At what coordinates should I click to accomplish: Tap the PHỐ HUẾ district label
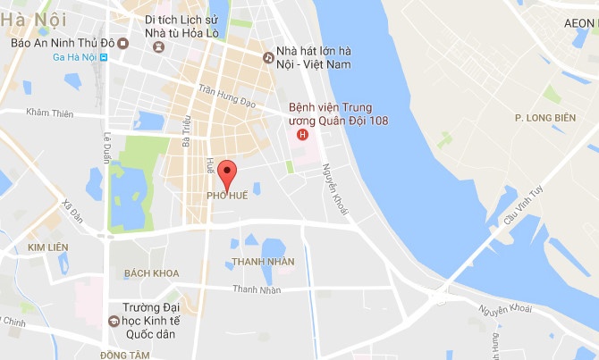coord(227,195)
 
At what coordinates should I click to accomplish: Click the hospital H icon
coord(302,135)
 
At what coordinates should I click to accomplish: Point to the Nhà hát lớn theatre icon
coord(267,57)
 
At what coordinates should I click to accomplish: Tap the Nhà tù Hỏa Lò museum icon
coord(159,45)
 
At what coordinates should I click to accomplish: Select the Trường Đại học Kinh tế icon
coord(114,320)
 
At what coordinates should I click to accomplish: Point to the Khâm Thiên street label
coord(49,113)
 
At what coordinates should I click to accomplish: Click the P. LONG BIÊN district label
coord(544,117)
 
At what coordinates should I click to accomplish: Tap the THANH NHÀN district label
coord(263,262)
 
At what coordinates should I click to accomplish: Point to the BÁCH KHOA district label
coord(152,273)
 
